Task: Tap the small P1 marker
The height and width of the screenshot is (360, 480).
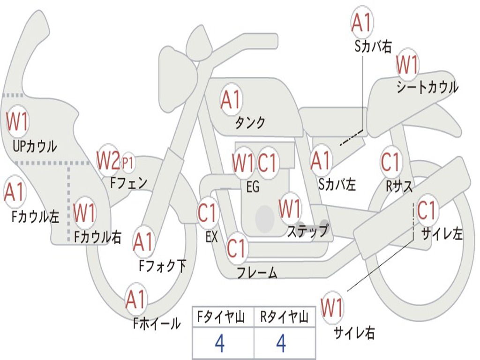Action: pos(128,163)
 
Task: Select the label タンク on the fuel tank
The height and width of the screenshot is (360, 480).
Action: pos(250,123)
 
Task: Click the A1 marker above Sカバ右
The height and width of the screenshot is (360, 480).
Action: pos(361,22)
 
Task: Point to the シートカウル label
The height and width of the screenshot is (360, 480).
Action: pos(427,87)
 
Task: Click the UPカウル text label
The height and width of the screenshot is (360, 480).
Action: pos(35,146)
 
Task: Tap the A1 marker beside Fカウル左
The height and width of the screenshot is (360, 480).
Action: pos(14,192)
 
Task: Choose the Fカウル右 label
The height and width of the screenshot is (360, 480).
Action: pos(97,237)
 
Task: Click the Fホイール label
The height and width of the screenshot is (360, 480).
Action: pos(157,323)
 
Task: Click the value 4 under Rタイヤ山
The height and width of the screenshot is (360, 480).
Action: pos(281,343)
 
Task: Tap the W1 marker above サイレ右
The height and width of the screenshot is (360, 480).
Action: pos(332,307)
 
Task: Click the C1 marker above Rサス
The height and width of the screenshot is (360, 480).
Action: pos(390,162)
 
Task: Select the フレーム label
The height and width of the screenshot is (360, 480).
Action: pos(257,272)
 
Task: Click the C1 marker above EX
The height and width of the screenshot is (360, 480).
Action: pos(208,212)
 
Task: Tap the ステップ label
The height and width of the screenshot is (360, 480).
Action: pos(308,231)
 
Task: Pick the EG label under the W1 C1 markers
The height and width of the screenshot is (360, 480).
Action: pos(253,187)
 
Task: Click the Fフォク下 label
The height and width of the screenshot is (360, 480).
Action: pos(162,265)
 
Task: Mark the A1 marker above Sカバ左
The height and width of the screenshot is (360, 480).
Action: pos(321,160)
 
